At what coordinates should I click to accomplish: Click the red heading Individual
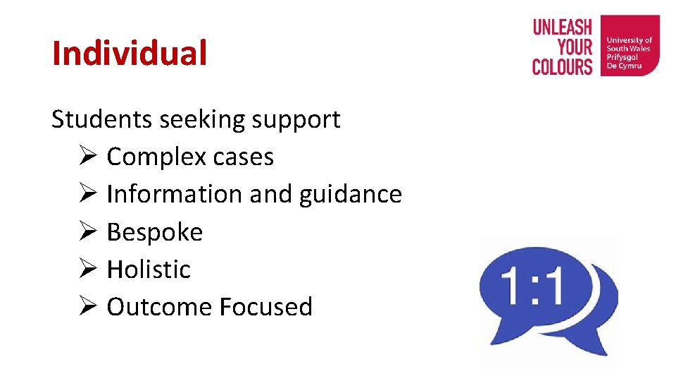click(130, 54)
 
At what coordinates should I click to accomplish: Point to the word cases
click(243, 157)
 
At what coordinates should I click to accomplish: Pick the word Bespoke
click(154, 232)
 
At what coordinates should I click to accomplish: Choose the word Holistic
click(149, 269)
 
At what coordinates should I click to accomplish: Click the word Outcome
click(159, 307)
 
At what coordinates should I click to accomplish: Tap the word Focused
click(265, 307)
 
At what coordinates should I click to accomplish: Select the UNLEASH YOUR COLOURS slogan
click(562, 47)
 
